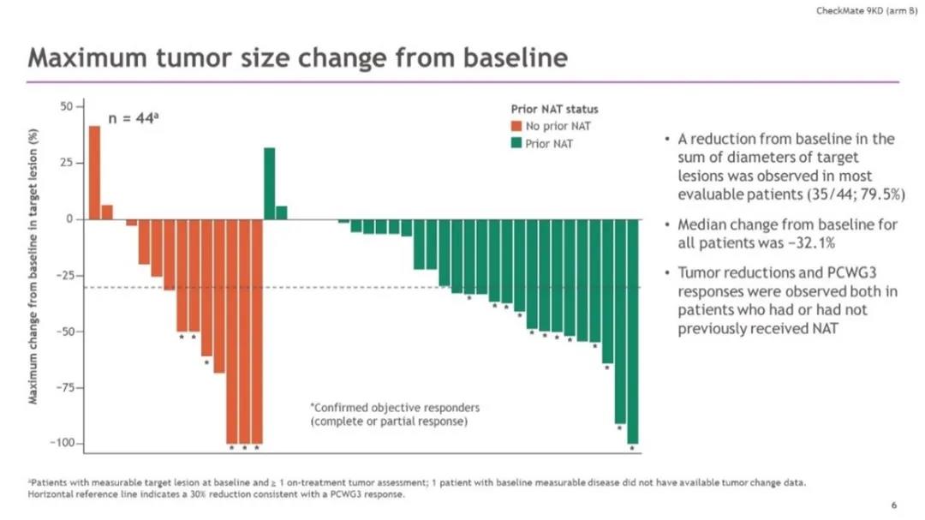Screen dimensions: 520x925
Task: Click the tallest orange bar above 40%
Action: point(94,171)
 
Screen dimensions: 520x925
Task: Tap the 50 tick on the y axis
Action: point(66,106)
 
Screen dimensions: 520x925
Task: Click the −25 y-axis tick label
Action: point(63,276)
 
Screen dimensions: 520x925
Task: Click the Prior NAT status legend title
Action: point(554,110)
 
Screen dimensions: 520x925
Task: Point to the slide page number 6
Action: point(893,505)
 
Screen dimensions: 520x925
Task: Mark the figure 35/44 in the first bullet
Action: point(831,194)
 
